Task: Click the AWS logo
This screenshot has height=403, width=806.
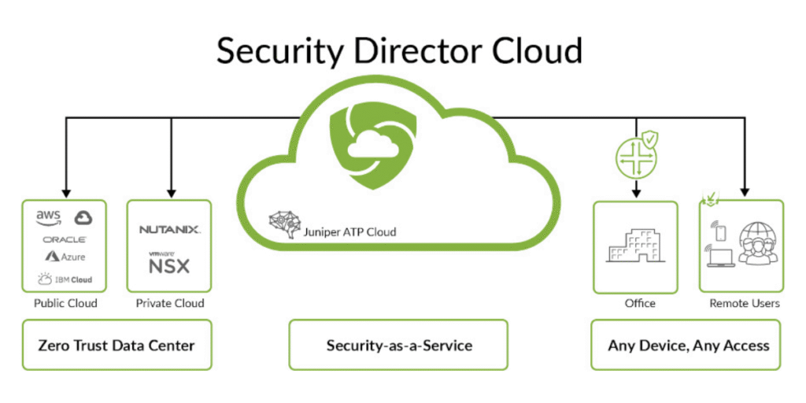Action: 49,218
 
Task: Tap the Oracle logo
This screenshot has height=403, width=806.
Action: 65,239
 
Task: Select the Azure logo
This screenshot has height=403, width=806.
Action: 65,256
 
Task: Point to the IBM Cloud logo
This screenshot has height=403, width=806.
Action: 65,279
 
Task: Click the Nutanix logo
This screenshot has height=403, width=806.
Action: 170,229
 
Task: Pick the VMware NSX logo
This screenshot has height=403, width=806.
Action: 169,263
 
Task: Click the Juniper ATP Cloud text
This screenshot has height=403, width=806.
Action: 349,232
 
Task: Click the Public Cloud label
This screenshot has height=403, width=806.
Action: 65,303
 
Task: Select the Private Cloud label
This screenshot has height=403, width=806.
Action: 170,303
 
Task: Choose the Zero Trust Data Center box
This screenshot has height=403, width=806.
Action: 116,345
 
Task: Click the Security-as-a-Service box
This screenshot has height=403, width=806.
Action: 398,345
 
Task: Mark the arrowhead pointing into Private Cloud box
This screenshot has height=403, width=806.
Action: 171,193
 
